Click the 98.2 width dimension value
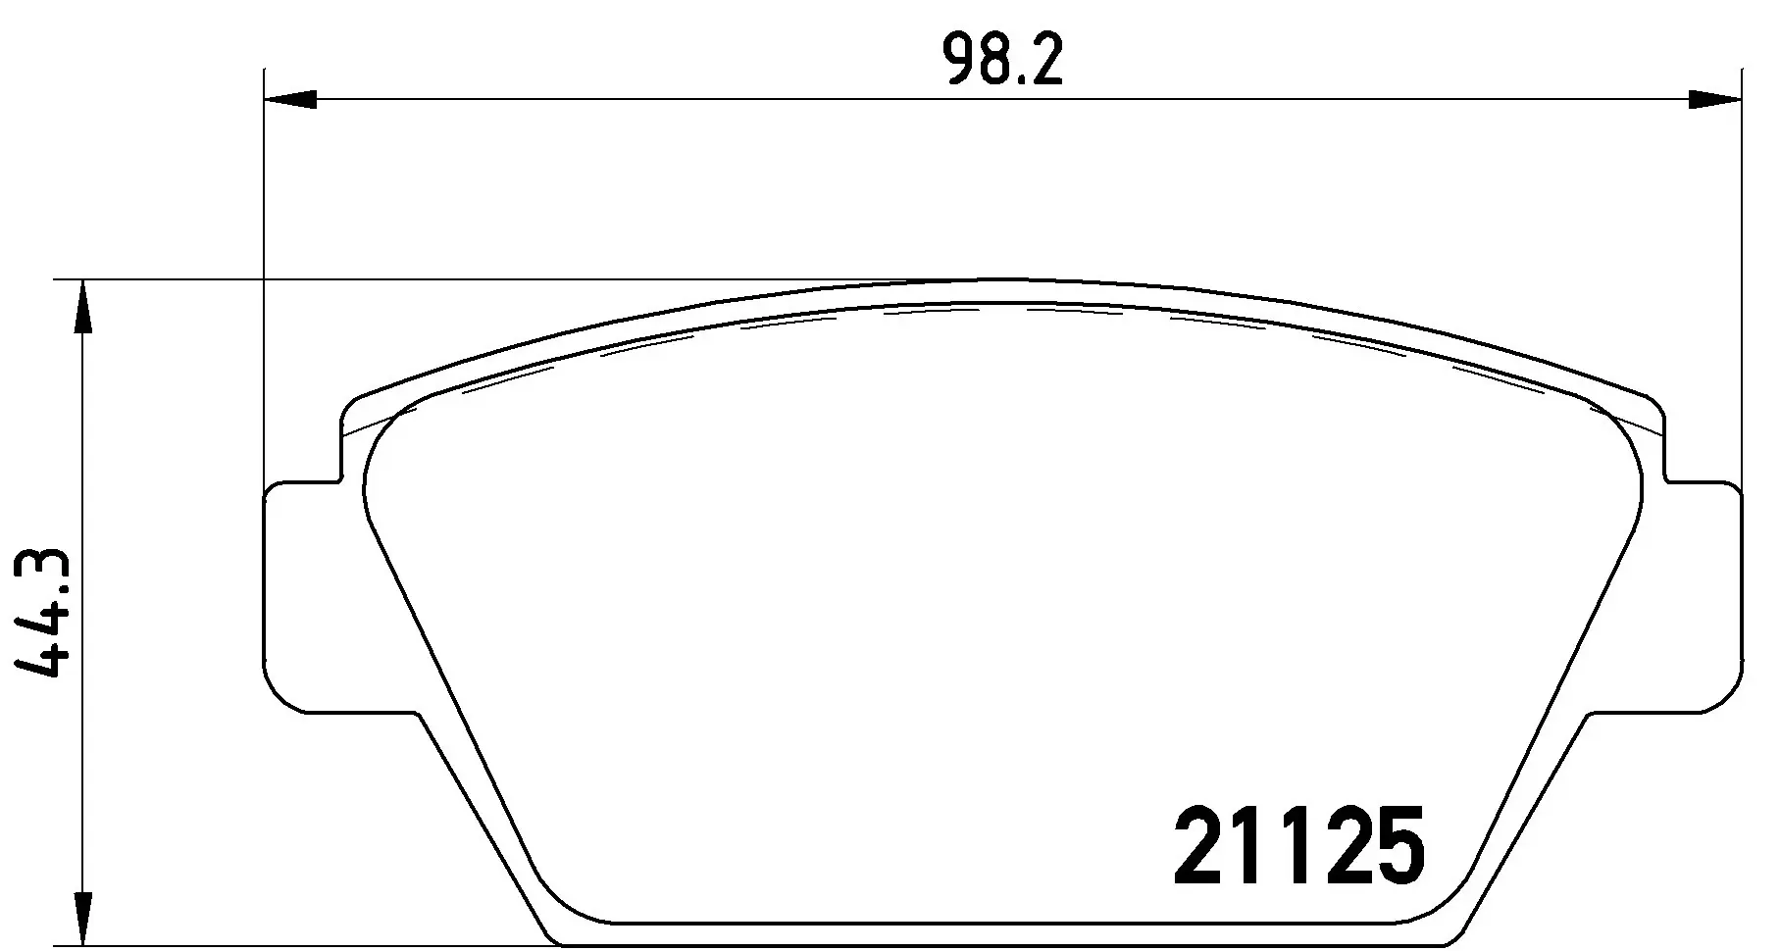tap(1002, 60)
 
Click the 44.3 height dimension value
tap(41, 612)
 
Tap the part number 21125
tap(1298, 844)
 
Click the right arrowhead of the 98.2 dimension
tap(1714, 99)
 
